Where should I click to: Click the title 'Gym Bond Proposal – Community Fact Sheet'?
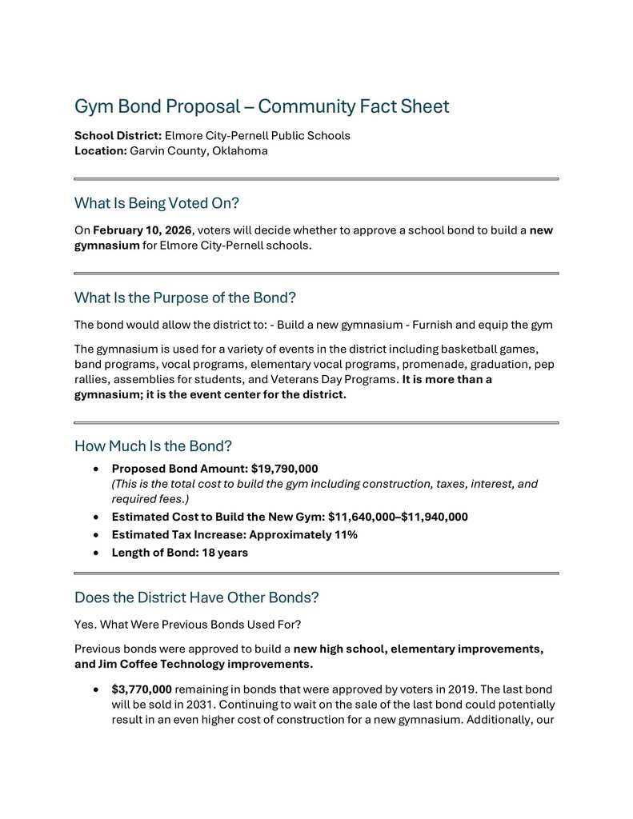pos(261,106)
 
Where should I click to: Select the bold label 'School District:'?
pos(118,136)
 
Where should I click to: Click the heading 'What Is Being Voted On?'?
pos(157,203)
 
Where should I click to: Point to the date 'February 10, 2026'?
pos(142,230)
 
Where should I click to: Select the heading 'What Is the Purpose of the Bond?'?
pos(185,298)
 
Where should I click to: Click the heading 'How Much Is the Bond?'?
pos(153,445)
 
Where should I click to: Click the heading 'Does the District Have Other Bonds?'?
pos(196,597)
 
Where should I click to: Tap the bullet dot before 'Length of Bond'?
pos(97,553)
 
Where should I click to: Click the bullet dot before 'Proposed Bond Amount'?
pos(97,469)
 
